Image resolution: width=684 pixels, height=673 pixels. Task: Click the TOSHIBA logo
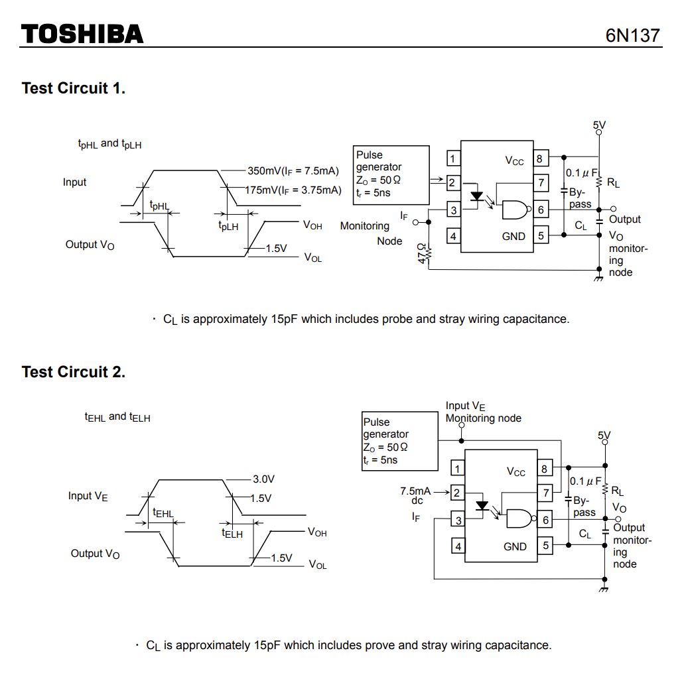82,34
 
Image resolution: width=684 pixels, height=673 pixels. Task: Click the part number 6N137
633,35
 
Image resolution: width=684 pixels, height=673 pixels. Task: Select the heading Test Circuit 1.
74,88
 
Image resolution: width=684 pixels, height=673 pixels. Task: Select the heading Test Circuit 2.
74,372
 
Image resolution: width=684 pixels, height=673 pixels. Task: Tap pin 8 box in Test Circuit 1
539,159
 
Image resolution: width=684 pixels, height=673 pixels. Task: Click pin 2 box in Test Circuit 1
452,182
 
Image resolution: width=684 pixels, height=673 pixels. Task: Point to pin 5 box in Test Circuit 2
545,546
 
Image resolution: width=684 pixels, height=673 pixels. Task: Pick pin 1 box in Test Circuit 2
458,469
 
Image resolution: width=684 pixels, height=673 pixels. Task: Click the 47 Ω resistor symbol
429,253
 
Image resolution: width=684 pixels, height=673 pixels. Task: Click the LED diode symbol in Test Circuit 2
482,506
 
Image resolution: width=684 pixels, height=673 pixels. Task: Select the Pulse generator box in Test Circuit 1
391,175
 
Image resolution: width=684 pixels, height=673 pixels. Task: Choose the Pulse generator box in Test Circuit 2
400,441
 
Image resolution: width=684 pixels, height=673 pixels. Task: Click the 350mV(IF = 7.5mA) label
293,170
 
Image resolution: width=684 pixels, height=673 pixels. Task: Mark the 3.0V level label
263,479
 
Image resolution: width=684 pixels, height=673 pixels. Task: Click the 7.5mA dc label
416,495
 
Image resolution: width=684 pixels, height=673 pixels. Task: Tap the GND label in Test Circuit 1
513,236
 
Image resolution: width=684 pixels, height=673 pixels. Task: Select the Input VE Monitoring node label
483,412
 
